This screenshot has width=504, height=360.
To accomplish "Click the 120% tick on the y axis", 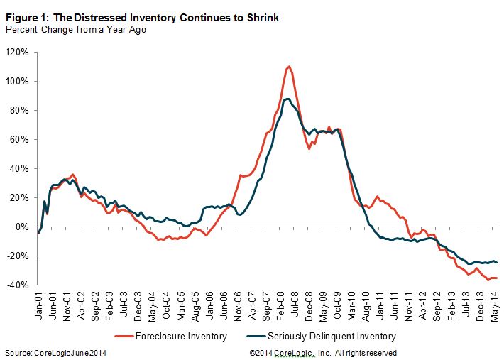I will click(x=16, y=52).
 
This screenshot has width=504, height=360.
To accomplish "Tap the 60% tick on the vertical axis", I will click(x=18, y=139).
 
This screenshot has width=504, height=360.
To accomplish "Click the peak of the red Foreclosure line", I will click(x=289, y=67).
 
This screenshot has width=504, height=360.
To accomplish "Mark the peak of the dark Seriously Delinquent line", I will click(x=287, y=99).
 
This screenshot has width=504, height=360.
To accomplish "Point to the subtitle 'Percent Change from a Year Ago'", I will click(x=76, y=31).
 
